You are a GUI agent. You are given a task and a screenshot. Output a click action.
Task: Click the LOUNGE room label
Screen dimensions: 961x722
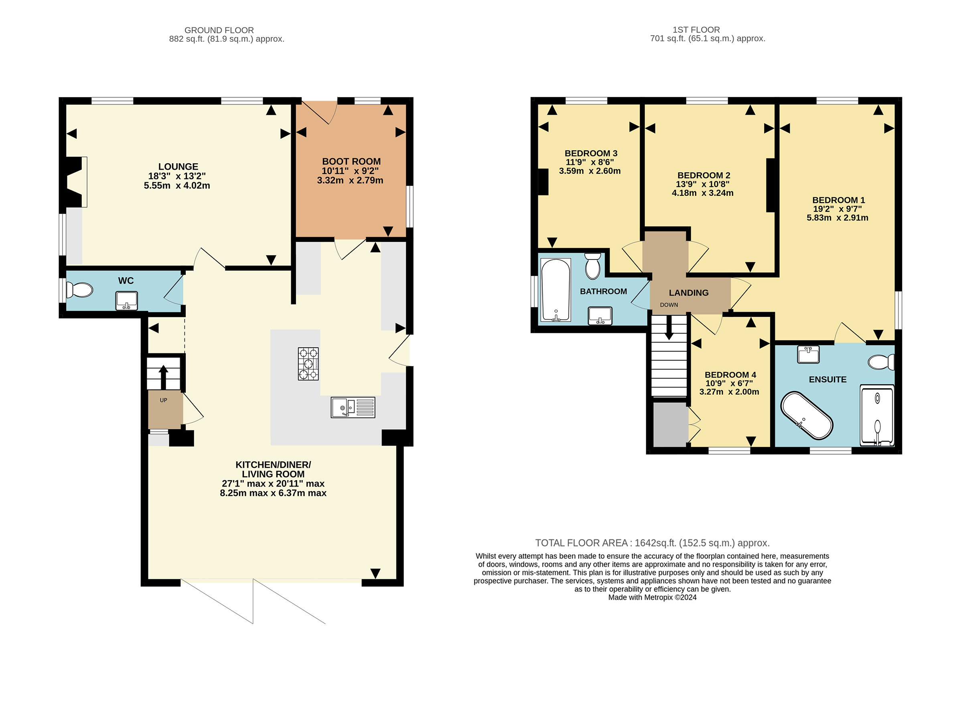click(x=178, y=167)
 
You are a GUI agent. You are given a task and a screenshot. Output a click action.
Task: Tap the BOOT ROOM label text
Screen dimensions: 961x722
click(x=351, y=162)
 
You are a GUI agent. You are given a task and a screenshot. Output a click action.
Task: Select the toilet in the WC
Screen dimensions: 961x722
click(x=79, y=290)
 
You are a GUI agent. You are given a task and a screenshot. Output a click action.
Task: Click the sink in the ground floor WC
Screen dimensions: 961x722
click(x=126, y=300)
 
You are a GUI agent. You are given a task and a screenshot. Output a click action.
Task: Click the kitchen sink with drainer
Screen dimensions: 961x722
click(x=353, y=408)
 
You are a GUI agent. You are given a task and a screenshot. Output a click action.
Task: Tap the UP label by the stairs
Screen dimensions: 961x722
click(x=163, y=400)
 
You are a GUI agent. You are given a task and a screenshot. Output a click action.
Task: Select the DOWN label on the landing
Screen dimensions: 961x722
click(x=669, y=305)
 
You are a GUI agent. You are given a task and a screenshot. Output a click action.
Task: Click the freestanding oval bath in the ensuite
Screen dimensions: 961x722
click(x=807, y=416)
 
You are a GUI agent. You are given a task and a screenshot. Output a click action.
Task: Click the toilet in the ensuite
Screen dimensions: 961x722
click(x=881, y=362)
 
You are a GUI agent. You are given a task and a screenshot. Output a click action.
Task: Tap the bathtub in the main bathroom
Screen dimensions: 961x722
click(x=556, y=290)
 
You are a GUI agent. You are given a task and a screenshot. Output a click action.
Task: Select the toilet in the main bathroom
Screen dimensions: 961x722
click(x=592, y=266)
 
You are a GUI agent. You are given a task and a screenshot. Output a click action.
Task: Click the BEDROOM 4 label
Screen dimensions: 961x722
click(x=730, y=375)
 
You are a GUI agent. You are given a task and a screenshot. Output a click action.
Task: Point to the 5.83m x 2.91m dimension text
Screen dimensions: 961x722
click(x=837, y=218)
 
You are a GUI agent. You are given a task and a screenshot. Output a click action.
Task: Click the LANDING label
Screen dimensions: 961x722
click(x=689, y=293)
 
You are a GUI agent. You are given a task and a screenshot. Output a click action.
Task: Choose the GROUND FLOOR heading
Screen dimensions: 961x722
click(x=219, y=30)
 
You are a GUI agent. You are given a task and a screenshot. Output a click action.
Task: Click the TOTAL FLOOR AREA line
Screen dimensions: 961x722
click(x=652, y=543)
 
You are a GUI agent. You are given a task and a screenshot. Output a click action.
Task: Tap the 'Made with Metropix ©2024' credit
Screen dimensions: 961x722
click(x=652, y=597)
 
